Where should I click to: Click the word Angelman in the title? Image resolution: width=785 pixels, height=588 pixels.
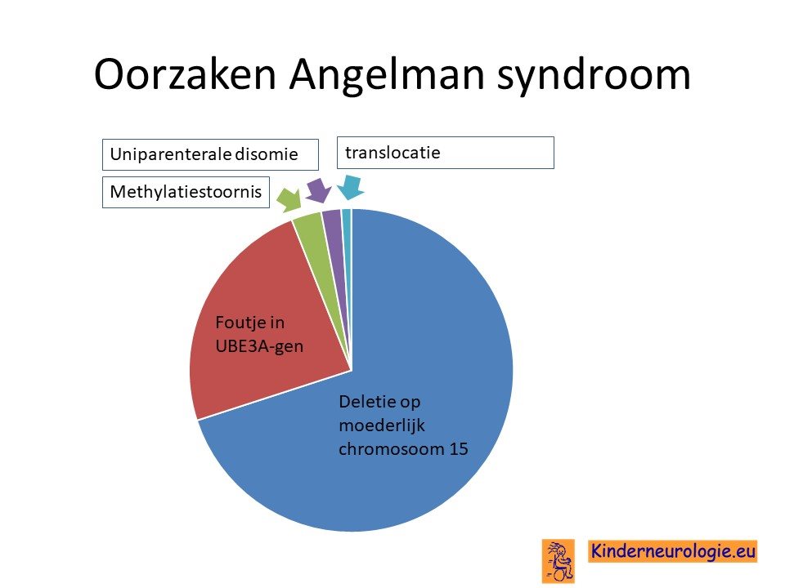click(x=387, y=76)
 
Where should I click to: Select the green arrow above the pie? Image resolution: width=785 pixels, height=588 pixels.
click(x=289, y=200)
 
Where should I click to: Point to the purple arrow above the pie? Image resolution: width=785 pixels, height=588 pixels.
click(x=318, y=190)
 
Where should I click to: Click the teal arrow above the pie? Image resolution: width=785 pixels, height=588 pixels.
click(x=351, y=188)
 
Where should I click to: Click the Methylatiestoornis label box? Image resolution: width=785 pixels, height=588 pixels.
click(x=186, y=192)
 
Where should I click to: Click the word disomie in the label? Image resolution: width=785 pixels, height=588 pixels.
click(x=267, y=154)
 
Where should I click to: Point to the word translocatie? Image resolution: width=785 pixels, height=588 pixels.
click(x=392, y=153)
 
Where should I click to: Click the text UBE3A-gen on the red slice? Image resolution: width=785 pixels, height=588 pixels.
click(x=259, y=346)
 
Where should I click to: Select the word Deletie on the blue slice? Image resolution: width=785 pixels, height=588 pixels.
click(x=366, y=401)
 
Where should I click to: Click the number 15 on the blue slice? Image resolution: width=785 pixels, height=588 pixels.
click(x=459, y=449)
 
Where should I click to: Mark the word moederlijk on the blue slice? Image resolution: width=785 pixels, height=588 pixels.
click(x=382, y=425)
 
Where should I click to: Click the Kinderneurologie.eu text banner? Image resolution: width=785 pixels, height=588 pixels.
click(x=673, y=551)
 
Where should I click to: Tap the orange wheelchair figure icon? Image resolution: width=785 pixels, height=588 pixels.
click(x=558, y=561)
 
